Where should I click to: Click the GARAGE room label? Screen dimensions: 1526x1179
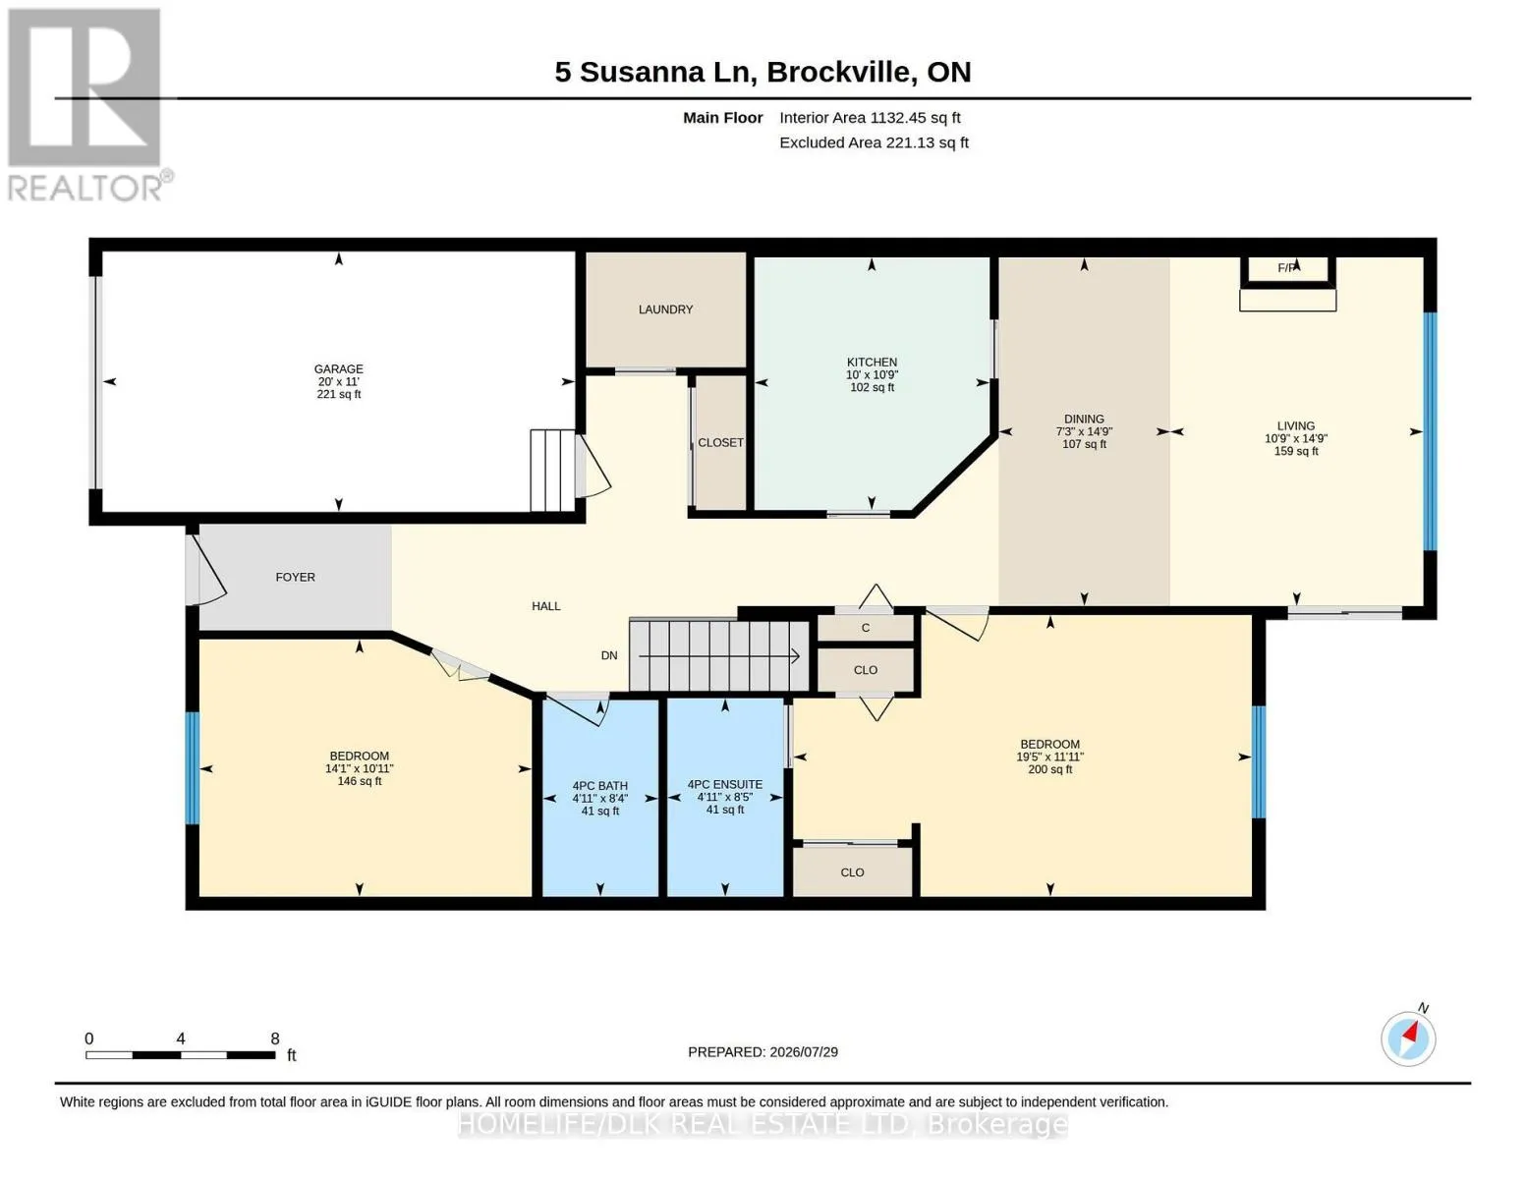coord(338,368)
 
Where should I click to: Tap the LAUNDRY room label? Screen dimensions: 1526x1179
coord(665,309)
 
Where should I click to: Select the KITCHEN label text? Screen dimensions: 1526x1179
coord(872,363)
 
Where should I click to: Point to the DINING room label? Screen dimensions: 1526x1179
coord(1084,419)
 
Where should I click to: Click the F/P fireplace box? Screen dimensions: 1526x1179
coord(1287,272)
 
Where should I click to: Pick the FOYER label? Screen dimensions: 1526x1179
coord(295,577)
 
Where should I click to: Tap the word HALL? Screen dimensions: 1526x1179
coord(545,606)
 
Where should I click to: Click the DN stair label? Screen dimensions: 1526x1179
coord(609,655)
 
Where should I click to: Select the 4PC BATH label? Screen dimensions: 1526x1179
coord(599,786)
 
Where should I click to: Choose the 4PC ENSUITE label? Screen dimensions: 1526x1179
coord(725,784)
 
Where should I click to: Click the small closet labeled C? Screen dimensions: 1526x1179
coord(865,628)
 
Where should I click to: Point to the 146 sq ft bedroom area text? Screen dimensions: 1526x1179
coord(359,781)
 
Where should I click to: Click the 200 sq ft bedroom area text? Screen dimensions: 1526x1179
coord(1049,769)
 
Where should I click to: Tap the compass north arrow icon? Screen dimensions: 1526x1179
coord(1408,1039)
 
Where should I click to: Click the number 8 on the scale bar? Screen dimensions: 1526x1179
coord(274,1039)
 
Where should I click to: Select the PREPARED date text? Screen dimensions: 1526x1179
coord(763,1052)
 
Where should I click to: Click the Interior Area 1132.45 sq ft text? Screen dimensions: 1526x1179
coord(870,118)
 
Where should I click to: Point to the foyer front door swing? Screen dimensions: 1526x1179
coord(206,570)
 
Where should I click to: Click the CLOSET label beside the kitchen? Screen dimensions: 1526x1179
coord(720,442)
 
